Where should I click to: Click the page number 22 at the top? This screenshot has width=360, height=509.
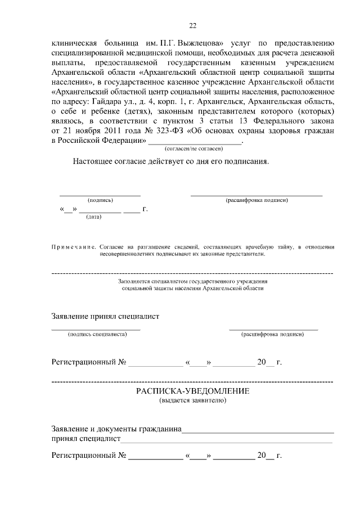click(x=193, y=25)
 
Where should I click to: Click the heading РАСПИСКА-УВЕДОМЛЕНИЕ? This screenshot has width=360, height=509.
click(x=193, y=391)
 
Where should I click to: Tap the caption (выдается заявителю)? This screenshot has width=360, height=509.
click(x=193, y=400)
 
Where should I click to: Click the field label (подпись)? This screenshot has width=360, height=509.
click(x=100, y=200)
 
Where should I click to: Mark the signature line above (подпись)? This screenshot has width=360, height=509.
click(x=100, y=195)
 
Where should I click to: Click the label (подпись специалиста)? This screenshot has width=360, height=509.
click(x=97, y=334)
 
